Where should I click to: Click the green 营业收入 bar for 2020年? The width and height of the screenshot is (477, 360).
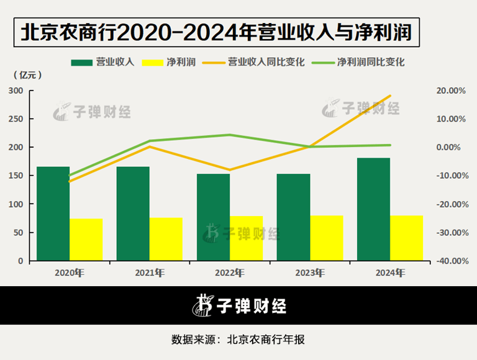[x=53, y=214]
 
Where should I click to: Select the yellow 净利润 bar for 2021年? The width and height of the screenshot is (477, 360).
[x=166, y=239]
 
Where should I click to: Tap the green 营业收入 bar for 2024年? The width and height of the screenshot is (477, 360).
[x=373, y=209]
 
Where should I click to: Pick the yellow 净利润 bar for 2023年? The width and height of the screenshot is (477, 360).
[x=326, y=238]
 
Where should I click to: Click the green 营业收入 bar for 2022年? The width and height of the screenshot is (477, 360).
[x=213, y=217]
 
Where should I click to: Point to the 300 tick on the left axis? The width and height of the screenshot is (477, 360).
[x=16, y=91]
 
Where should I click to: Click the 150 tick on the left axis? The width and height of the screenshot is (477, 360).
[x=16, y=176]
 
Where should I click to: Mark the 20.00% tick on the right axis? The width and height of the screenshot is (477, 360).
[x=451, y=91]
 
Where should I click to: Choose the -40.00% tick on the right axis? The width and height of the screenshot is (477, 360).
[x=450, y=261]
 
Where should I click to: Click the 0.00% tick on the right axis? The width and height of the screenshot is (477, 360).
[x=452, y=147]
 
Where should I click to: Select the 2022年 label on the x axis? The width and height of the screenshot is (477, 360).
[x=229, y=272]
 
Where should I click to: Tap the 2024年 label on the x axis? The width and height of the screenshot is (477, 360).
[x=389, y=272]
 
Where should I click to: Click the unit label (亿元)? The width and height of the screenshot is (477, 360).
[x=29, y=75]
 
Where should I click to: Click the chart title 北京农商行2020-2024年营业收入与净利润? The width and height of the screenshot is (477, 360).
[x=217, y=32]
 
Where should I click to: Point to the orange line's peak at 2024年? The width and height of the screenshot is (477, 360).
[x=389, y=96]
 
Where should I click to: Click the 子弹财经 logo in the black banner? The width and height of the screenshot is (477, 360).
[x=238, y=305]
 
